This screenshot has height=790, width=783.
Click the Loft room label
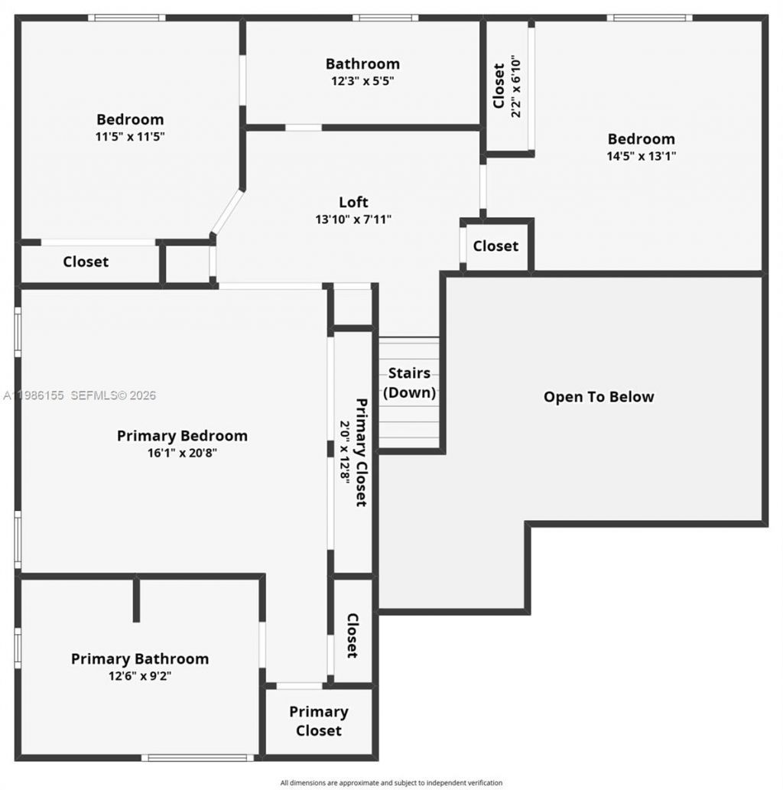pos(353,202)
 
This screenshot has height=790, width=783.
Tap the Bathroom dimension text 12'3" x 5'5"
pos(362,80)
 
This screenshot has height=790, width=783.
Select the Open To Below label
pos(599,397)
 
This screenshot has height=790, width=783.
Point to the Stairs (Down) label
pos(409,383)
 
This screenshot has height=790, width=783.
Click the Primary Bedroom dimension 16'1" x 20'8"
pos(182,453)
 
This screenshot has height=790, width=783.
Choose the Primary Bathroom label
pos(140,658)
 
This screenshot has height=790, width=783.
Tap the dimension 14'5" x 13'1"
pos(641,155)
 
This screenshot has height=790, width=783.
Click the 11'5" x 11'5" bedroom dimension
pos(130,136)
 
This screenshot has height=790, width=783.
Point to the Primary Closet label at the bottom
pos(319,721)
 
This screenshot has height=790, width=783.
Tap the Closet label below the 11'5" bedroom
pos(86,262)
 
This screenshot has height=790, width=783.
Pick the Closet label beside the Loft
pos(495,245)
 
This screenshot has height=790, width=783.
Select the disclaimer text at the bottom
pos(391,782)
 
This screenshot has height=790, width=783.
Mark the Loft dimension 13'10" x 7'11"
pos(353,219)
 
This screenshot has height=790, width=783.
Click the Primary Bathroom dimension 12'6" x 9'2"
pos(140,676)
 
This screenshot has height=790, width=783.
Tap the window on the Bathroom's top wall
pos(385,18)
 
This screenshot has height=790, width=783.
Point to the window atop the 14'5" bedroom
pos(649,18)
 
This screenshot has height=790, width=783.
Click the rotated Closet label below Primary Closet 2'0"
pos(353,635)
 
